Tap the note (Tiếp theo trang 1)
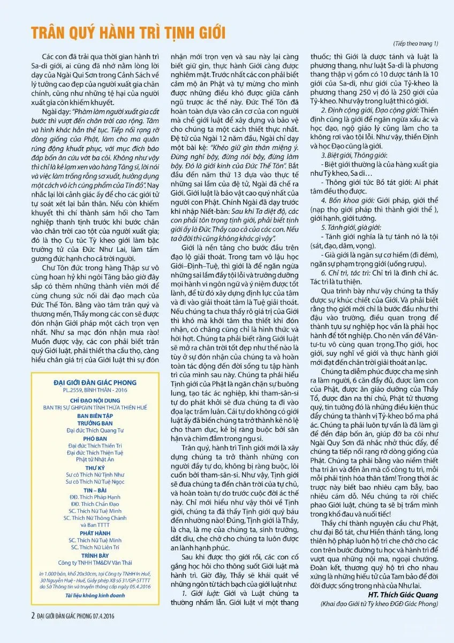(417, 43)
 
